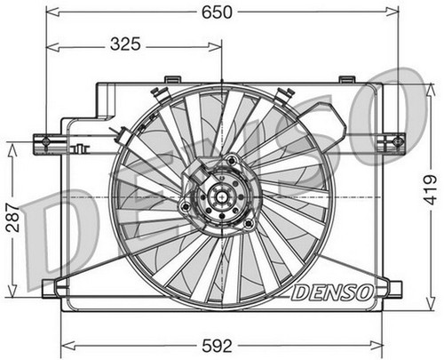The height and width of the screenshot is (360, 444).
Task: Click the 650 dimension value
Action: pos(217,12)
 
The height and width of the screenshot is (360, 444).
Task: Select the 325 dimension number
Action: pos(125,44)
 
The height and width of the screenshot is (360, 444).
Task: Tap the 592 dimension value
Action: pos(217,346)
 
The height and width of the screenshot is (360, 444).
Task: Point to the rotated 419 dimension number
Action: pos(430,190)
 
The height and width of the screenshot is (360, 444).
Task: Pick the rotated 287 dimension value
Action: pos(12,218)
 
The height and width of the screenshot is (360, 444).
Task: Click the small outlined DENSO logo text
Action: pos(331,292)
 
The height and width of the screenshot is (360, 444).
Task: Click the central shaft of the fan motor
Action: pos(221,196)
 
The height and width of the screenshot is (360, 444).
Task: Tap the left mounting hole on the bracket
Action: pos(45,141)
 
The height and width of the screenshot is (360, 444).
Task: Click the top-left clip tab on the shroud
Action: pos(173,79)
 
